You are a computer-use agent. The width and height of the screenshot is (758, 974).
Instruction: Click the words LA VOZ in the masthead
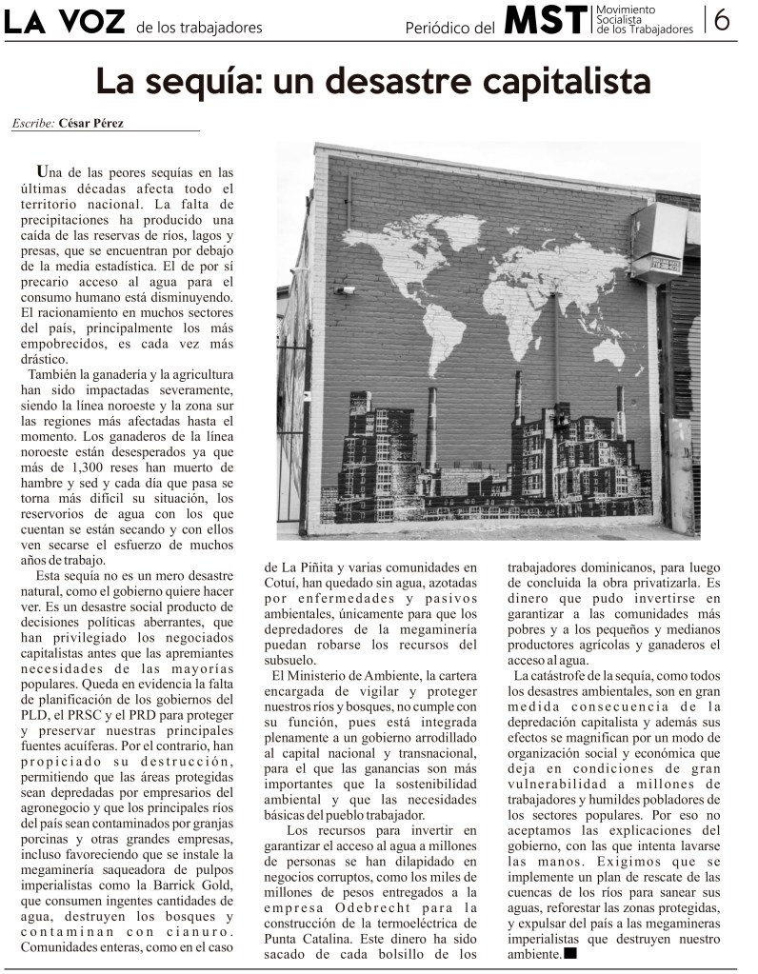click(x=63, y=23)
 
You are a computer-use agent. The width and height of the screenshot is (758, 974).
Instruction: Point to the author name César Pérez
click(x=91, y=123)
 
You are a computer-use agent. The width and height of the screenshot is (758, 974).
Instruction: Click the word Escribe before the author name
click(x=33, y=124)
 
